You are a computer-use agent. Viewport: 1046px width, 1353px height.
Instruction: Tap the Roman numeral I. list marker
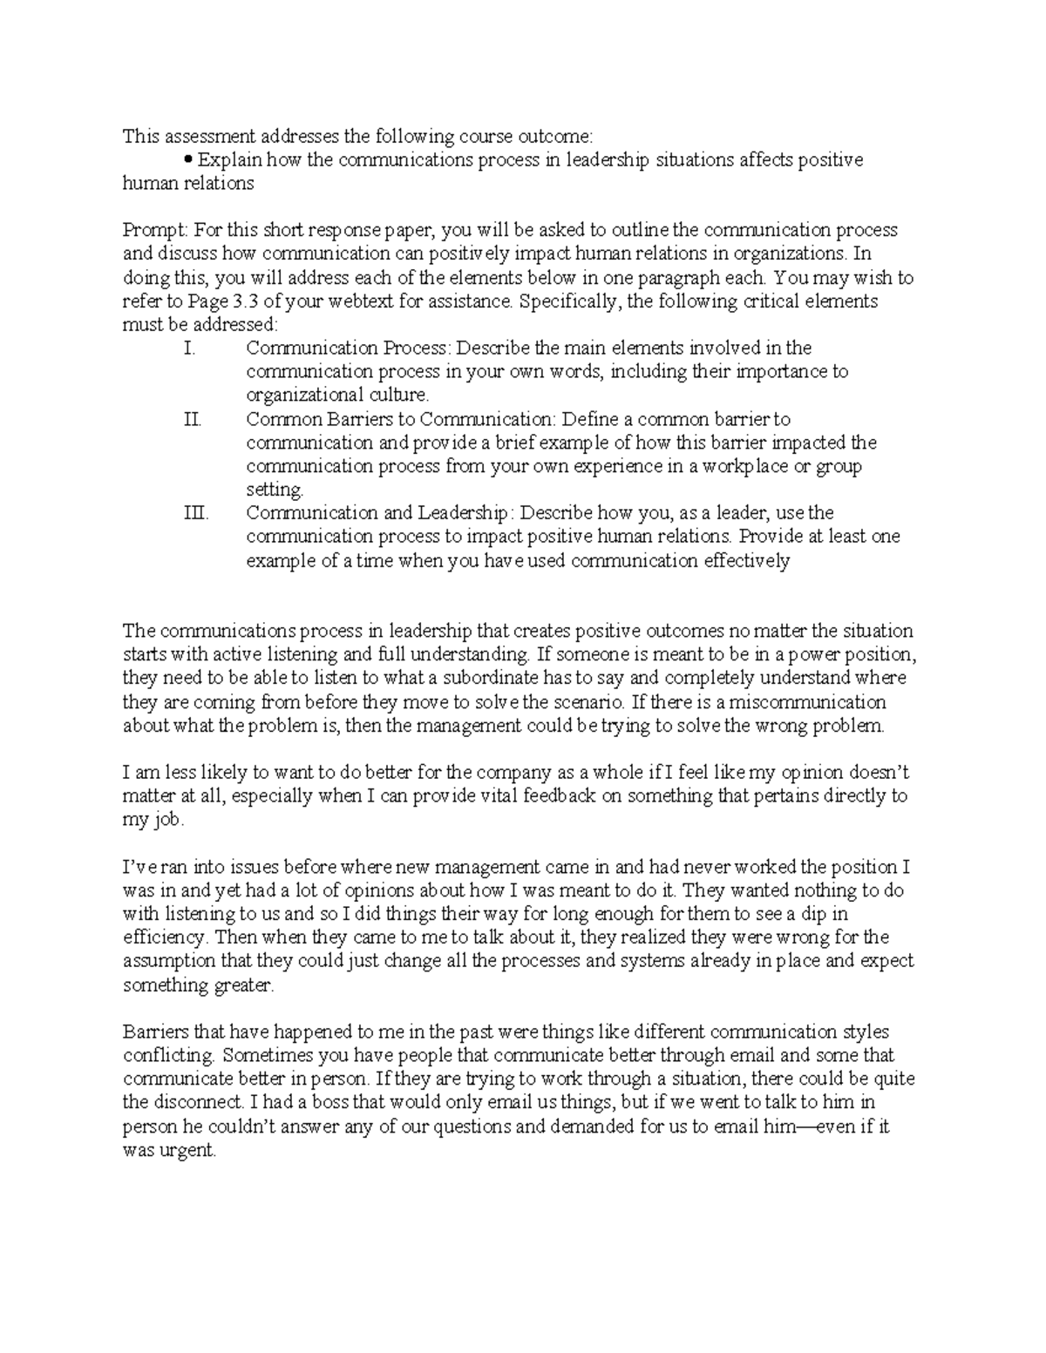point(191,348)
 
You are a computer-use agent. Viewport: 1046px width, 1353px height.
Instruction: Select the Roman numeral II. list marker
point(193,419)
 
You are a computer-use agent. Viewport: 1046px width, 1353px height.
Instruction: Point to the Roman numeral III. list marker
point(197,513)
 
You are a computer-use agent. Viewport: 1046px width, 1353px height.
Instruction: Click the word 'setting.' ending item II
point(275,490)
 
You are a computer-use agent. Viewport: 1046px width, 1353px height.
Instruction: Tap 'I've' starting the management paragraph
point(140,867)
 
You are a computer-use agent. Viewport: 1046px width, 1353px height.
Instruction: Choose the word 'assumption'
point(166,961)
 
